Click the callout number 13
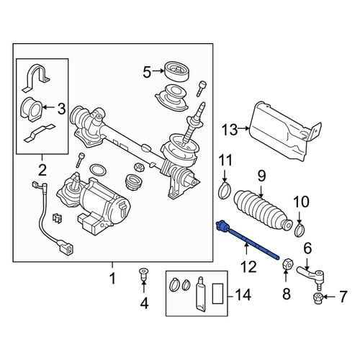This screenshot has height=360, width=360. click(x=230, y=130)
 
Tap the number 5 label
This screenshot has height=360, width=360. click(x=147, y=72)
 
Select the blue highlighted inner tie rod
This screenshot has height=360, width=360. click(x=248, y=240)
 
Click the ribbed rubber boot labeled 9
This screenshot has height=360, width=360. click(x=263, y=211)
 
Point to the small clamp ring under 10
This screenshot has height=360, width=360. click(x=300, y=230)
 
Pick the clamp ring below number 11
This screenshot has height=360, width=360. click(x=224, y=190)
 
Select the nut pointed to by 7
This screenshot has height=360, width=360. click(x=318, y=297)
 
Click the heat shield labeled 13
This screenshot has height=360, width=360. click(x=283, y=130)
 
